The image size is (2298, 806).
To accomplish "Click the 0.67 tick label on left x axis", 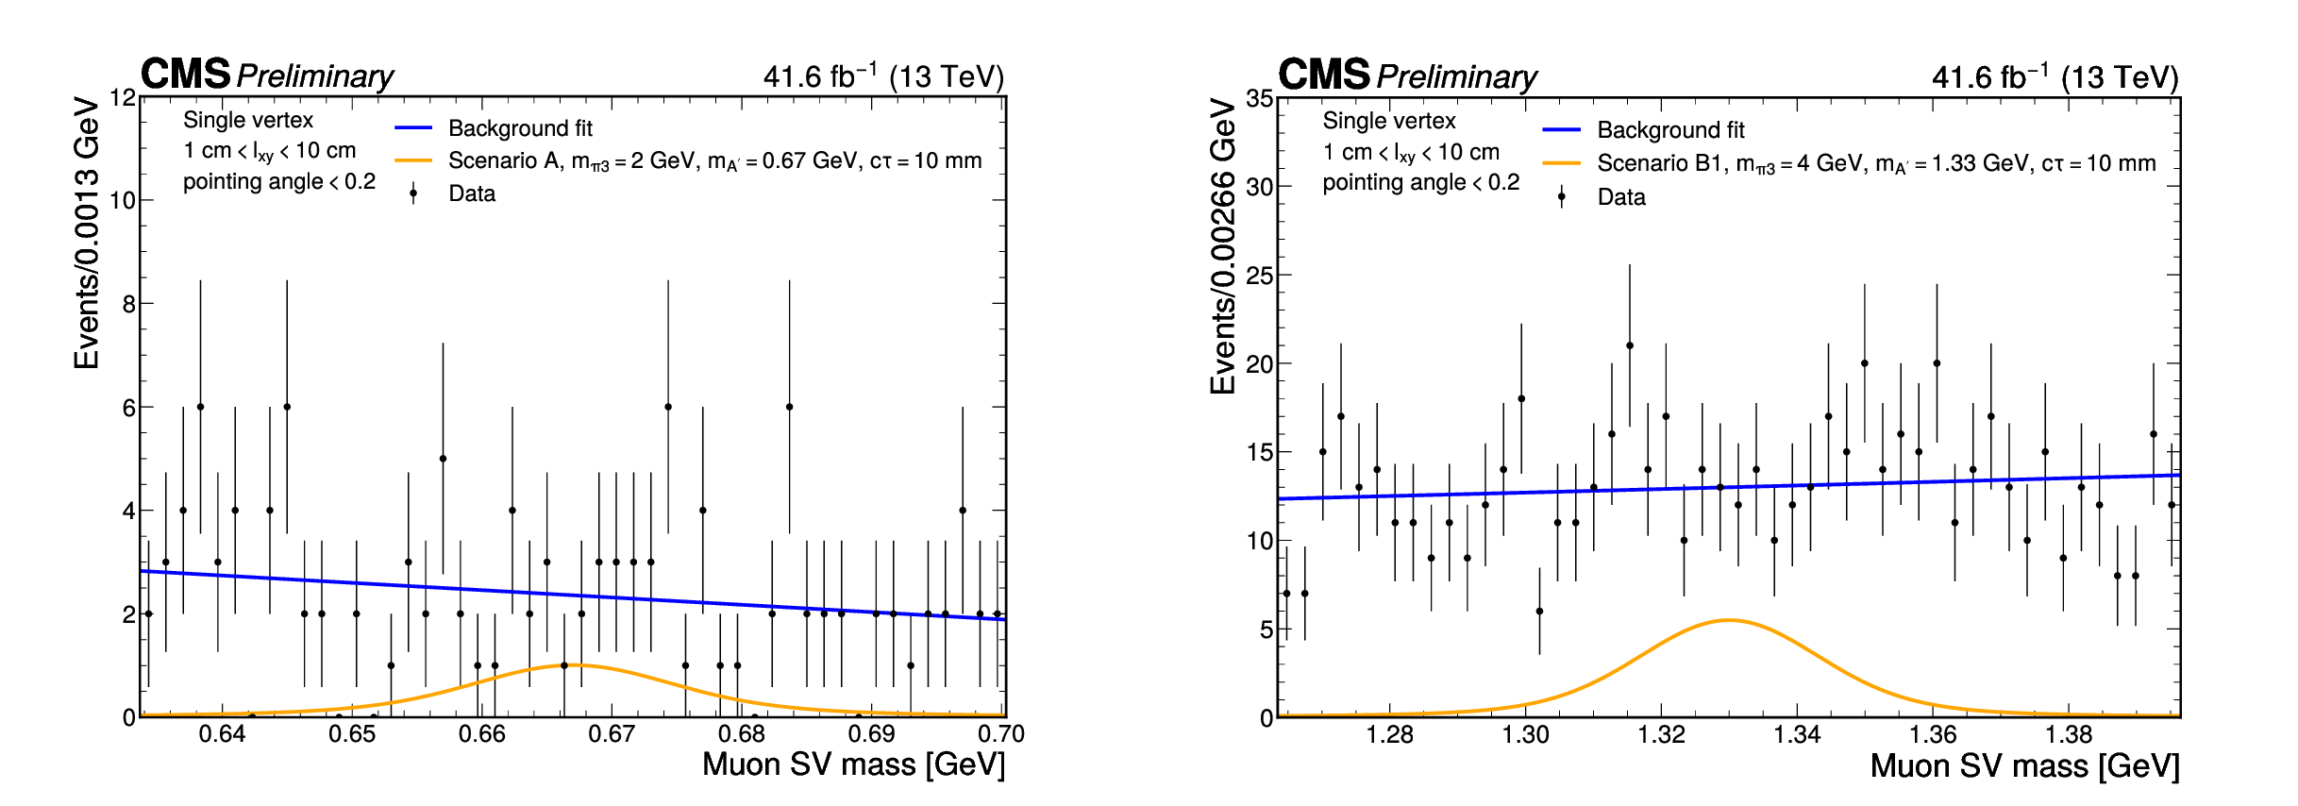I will [x=612, y=733].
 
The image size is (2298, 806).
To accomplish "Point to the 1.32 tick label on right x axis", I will [x=1661, y=734].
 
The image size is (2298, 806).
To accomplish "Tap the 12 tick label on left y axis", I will [x=123, y=97].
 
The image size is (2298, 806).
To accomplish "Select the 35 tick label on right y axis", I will [x=1260, y=98].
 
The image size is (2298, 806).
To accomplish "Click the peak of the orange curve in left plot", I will [x=574, y=665].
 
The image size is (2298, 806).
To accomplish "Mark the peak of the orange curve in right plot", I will [x=1729, y=620].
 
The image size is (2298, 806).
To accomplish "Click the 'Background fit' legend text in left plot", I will [x=520, y=128].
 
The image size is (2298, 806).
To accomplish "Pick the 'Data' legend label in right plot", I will [x=1621, y=197].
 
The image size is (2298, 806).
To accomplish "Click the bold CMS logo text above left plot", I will [x=185, y=74].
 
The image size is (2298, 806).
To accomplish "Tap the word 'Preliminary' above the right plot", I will [x=1456, y=76].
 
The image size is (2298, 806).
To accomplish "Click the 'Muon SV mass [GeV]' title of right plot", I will [x=2024, y=765].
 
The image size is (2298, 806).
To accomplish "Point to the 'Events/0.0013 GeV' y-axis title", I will [x=87, y=232].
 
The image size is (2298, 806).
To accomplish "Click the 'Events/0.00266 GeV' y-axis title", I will [x=1223, y=245].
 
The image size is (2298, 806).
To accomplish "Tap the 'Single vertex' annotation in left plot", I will [x=248, y=120].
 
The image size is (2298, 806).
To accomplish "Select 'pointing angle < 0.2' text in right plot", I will [x=1420, y=182].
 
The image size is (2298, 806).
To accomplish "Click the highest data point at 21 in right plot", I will [x=1630, y=345].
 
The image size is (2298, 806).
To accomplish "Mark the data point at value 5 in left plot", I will [x=443, y=459].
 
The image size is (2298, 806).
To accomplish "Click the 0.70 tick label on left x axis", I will [x=1001, y=733].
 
